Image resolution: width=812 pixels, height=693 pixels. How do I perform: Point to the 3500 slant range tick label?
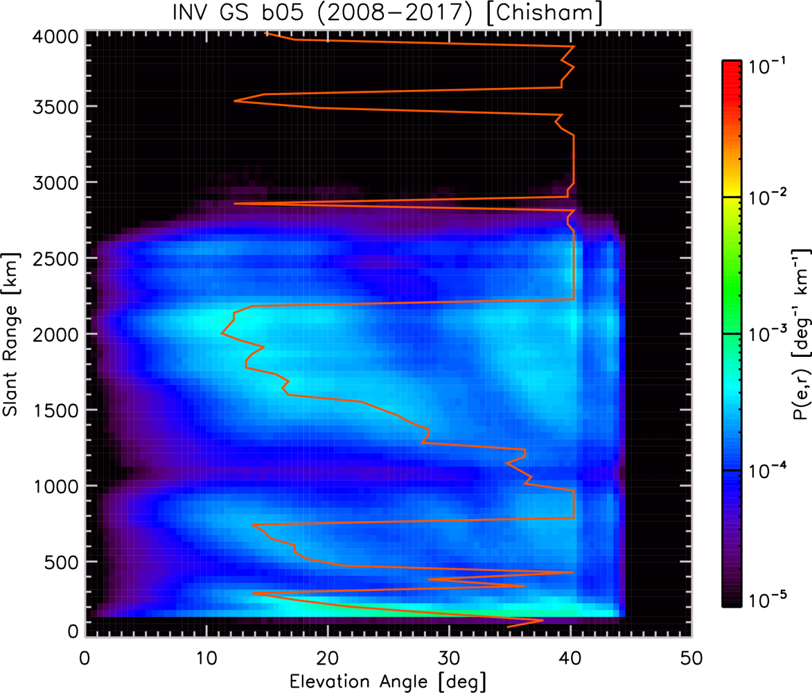[x=56, y=107]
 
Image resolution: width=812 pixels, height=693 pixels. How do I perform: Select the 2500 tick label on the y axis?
[x=56, y=258]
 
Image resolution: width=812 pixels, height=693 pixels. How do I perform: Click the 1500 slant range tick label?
[x=56, y=410]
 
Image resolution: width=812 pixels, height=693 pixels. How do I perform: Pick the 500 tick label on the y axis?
[x=61, y=562]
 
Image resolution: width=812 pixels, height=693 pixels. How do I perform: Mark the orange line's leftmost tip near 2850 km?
[x=234, y=204]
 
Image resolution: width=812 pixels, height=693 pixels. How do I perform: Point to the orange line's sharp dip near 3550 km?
[x=234, y=101]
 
